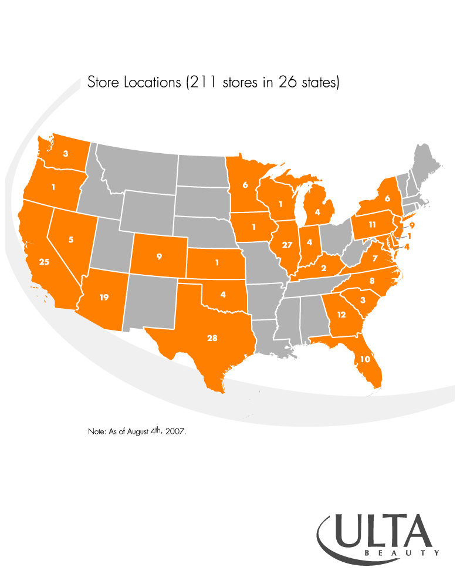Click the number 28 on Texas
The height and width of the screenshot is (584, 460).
[212, 338]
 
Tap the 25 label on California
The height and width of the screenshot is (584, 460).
[44, 262]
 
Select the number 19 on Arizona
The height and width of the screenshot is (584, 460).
[104, 298]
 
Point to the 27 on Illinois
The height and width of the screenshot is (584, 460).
[287, 244]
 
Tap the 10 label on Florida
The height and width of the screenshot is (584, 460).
[365, 359]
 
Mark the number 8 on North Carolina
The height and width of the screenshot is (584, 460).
[371, 281]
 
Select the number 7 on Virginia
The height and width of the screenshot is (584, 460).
[375, 258]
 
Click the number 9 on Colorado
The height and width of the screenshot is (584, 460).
[159, 256]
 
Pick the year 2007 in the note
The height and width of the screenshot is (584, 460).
[175, 431]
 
